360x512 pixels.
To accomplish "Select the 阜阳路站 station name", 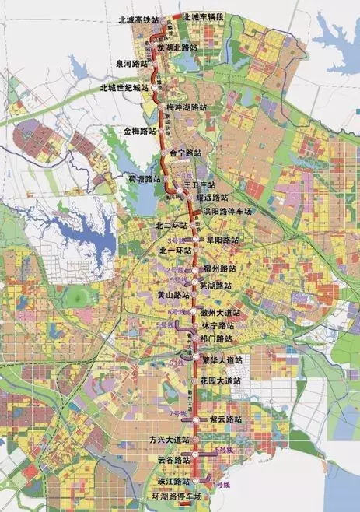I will click(220, 240).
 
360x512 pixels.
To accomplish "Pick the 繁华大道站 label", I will click(222, 360).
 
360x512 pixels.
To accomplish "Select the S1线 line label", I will click(179, 362).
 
